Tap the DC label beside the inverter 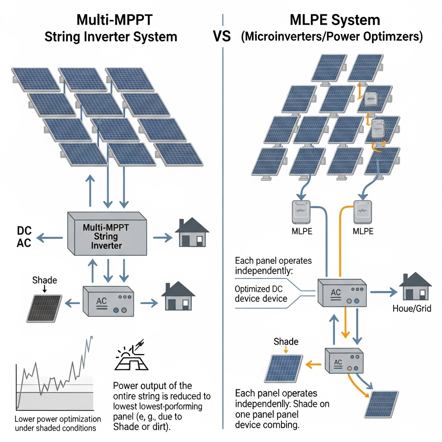click(24, 230)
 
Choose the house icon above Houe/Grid click(415, 287)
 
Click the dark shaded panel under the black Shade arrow click(44, 308)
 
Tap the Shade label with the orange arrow click(286, 342)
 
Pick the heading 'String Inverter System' click(111, 36)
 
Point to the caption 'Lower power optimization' click(57, 419)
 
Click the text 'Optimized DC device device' click(261, 294)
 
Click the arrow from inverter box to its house click(161, 237)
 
